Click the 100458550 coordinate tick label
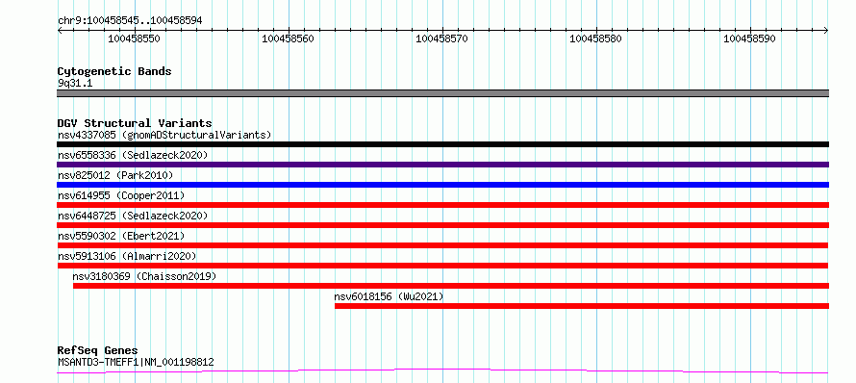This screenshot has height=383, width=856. point(135,38)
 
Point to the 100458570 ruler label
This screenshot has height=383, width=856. point(441,38)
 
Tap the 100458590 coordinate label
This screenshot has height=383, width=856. point(749,38)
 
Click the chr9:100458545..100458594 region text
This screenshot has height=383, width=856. point(130,21)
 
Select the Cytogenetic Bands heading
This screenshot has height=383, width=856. point(114,71)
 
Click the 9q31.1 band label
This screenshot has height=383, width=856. point(74,83)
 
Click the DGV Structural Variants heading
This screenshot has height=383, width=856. point(135,123)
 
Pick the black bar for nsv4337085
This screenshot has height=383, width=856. point(442,144)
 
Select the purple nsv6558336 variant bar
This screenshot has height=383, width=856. point(442,165)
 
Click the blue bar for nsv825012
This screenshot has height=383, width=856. point(442,185)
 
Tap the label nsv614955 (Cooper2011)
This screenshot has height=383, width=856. point(121,195)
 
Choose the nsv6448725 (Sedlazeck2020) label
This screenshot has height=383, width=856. point(133,216)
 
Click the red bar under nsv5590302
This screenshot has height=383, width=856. point(442,245)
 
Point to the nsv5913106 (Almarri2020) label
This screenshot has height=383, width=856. point(127,256)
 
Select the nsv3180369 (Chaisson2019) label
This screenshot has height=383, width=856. point(144,276)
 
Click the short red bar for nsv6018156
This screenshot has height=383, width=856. point(582,306)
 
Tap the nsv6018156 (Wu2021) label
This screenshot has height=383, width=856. point(390,296)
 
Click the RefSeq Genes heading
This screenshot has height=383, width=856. point(98,351)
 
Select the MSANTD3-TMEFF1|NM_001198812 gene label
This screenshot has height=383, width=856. point(136,362)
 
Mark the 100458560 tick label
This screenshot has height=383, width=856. point(289,38)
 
